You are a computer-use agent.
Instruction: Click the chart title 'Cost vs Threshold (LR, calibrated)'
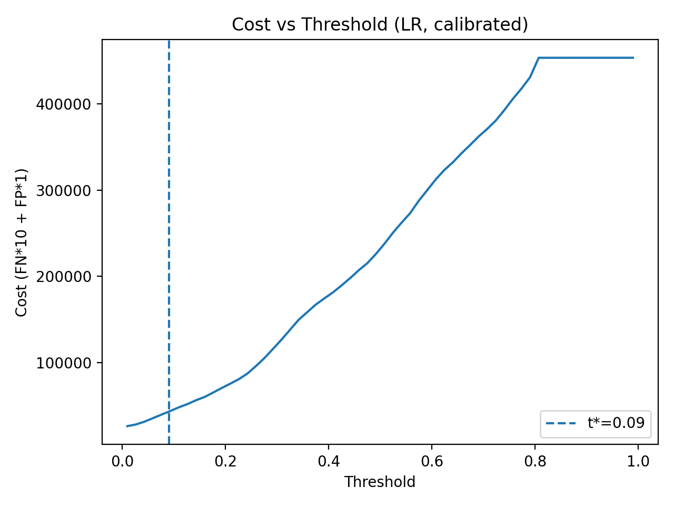380,25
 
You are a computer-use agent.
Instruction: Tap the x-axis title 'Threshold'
380,482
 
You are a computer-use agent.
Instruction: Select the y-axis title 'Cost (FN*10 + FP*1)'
22,242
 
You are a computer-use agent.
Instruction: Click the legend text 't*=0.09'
616,423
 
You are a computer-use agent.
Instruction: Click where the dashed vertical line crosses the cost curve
168,411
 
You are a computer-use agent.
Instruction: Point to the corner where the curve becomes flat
539,58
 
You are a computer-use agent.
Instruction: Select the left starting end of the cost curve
127,426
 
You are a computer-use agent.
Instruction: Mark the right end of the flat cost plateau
633,58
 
